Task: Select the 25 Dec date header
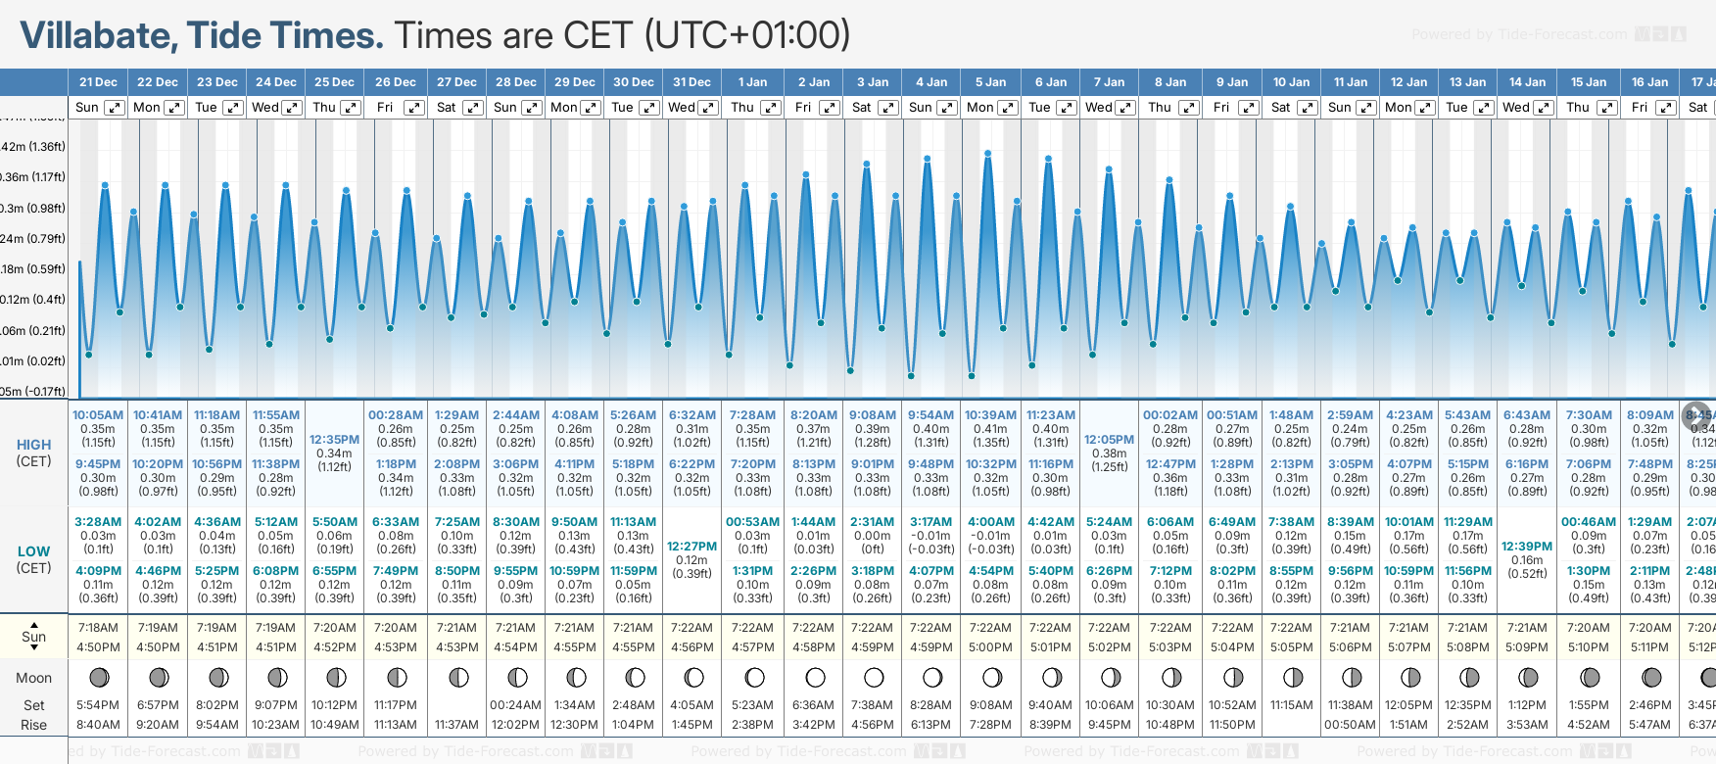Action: tap(334, 82)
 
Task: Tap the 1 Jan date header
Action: tap(752, 82)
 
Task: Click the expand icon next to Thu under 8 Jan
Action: tap(1188, 108)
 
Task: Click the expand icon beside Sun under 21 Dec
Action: tap(115, 108)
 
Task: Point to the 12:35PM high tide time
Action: tap(334, 440)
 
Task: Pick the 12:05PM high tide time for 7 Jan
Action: tap(1109, 440)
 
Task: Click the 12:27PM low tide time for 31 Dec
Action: tap(691, 547)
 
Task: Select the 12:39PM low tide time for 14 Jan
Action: tap(1527, 547)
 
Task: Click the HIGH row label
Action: tap(34, 445)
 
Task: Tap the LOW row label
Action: tap(34, 551)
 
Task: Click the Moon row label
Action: tap(34, 678)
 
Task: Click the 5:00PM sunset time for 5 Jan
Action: tap(990, 647)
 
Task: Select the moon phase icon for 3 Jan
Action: tap(874, 677)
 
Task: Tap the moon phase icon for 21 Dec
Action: tap(99, 677)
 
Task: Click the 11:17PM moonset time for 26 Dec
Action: tap(396, 705)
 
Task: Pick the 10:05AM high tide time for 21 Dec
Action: tap(98, 415)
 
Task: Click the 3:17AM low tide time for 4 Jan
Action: tap(930, 522)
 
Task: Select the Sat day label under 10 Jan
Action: tap(1280, 108)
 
